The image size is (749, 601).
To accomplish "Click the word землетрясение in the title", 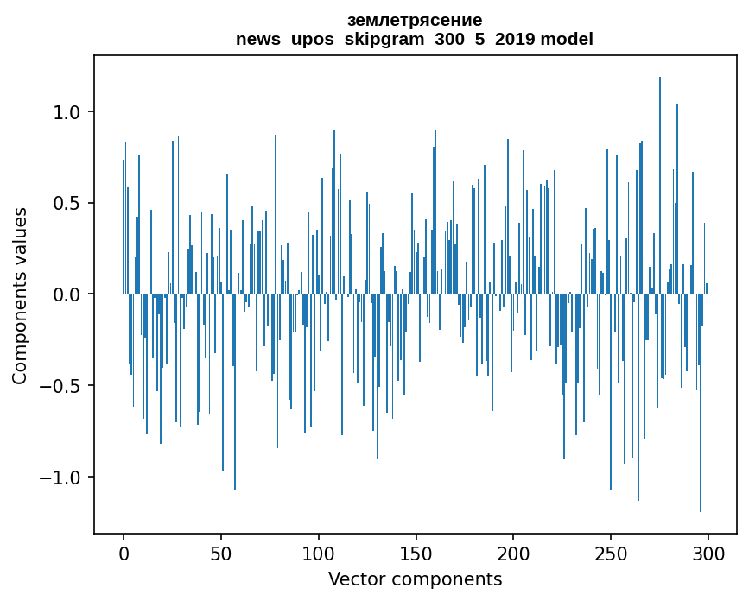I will [415, 20].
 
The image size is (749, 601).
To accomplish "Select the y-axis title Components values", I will [20, 295].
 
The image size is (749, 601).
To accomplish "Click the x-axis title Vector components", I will [415, 579].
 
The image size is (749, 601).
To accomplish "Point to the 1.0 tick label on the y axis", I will [67, 112].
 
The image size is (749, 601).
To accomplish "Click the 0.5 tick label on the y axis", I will [67, 204].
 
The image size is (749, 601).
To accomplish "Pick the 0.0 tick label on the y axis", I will [67, 294].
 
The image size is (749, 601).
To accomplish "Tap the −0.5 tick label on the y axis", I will [62, 386].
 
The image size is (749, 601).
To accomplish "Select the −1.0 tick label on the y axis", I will [62, 478].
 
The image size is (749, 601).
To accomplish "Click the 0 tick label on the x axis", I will [124, 554].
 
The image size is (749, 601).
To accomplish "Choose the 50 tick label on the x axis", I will [221, 554].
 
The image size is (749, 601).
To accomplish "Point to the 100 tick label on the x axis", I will [319, 554].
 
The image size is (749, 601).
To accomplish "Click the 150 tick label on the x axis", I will [416, 554].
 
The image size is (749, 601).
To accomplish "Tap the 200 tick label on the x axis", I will [513, 554].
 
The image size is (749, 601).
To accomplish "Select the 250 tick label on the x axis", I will [611, 554].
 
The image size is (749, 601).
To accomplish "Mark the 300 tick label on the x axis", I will [708, 554].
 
